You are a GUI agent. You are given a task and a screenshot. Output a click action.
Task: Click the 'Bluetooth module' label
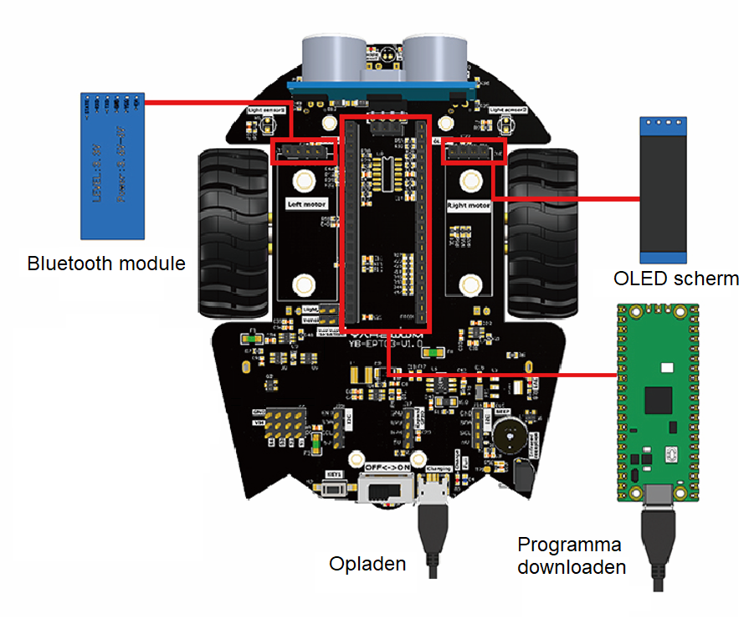coord(106,263)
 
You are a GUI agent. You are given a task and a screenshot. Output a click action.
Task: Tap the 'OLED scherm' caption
coord(676,279)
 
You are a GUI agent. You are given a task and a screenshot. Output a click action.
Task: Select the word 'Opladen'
coord(367,563)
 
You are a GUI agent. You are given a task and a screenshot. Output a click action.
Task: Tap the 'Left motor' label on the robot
coord(306,204)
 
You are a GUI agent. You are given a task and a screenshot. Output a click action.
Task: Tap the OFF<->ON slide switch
coord(384,488)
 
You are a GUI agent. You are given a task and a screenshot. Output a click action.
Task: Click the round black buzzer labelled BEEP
coord(508,434)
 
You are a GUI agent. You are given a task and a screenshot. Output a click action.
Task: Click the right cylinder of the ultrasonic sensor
coord(437,56)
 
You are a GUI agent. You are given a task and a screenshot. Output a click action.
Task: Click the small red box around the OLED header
coord(473,151)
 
